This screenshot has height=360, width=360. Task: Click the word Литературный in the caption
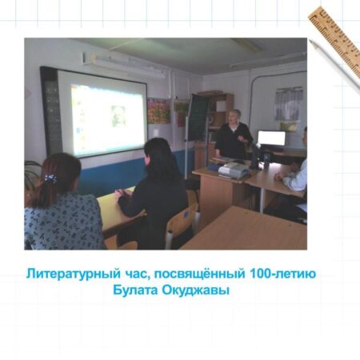pyautogui.click(x=74, y=274)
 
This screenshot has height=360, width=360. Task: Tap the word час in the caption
pyautogui.click(x=136, y=274)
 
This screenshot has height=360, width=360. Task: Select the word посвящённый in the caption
pyautogui.click(x=199, y=274)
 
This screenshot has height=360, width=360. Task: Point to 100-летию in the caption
pyautogui.click(x=283, y=274)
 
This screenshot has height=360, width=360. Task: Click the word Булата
pyautogui.click(x=135, y=290)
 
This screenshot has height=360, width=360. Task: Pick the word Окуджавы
pyautogui.click(x=196, y=290)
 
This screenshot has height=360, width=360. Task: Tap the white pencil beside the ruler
pyautogui.click(x=334, y=66)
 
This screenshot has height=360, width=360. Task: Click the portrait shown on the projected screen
pyautogui.click(x=118, y=116)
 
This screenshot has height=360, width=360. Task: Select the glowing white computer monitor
pyautogui.click(x=271, y=138)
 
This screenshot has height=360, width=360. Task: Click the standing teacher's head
pyautogui.click(x=234, y=117)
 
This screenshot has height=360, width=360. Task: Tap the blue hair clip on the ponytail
pyautogui.click(x=50, y=178)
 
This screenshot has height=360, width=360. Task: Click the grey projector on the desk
pyautogui.click(x=234, y=170)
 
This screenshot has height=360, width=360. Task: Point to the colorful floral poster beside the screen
pyautogui.click(x=159, y=111)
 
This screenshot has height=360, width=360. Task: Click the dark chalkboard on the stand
pyautogui.click(x=198, y=117)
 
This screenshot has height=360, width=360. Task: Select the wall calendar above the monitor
pyautogui.click(x=289, y=104)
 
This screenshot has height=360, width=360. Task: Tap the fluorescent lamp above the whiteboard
pyautogui.click(x=124, y=65)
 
